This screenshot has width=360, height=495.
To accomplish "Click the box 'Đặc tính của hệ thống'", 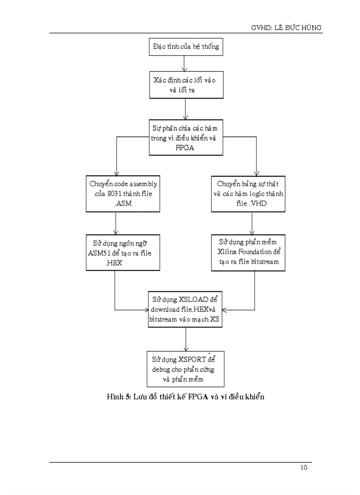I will (185, 47).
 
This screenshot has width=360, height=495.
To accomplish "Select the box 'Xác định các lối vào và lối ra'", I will (185, 86).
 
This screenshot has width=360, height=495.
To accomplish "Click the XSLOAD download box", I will (185, 309).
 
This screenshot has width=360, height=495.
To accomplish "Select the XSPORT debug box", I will (185, 369).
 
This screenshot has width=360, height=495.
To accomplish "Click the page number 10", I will (304, 468).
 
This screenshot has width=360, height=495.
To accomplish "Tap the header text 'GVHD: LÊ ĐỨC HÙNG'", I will (286, 28).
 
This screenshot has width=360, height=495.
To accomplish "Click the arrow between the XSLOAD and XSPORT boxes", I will (185, 339).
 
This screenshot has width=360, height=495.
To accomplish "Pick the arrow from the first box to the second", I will (185, 63).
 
